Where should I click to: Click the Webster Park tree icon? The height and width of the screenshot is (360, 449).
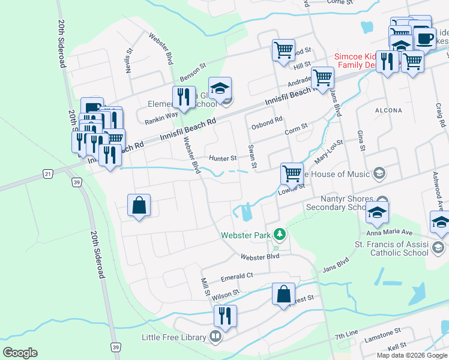pos(279,233)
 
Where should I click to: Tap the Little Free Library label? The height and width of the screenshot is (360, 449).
pos(173,337)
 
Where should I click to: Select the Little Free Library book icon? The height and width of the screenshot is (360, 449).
pos(215,337)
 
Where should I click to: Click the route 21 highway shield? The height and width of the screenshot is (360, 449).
pos(48,173)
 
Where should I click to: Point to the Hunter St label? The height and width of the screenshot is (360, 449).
pos(223,158)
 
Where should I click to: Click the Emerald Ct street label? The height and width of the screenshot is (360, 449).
pos(237,276)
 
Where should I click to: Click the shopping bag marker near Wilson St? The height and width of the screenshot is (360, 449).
pos(284,294)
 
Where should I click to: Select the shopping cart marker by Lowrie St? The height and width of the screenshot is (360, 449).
pos(292,173)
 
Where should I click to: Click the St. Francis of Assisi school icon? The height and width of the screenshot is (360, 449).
pos(438,247)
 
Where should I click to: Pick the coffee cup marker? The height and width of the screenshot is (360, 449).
pos(425,39)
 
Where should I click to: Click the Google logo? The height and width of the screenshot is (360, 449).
pos(20,353)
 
